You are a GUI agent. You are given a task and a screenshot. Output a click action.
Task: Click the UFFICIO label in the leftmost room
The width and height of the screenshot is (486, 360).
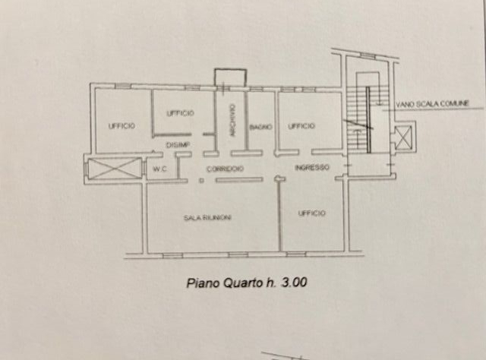tap(121, 126)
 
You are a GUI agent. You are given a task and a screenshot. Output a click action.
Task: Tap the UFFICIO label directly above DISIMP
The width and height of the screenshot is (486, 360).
tap(180, 113)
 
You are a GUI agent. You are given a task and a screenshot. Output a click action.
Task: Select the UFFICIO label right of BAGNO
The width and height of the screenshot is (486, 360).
tap(301, 126)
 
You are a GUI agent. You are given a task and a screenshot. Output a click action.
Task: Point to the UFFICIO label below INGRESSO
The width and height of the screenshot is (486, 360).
tap(312, 213)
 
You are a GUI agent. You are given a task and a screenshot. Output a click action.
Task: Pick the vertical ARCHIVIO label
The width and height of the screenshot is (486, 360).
tap(229, 120)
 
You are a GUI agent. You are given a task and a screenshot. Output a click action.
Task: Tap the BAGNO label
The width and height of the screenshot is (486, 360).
tap(262, 127)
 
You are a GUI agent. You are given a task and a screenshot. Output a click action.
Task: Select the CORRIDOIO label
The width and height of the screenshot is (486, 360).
tap(227, 168)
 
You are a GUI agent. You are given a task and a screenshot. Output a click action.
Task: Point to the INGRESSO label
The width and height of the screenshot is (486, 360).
tap(311, 167)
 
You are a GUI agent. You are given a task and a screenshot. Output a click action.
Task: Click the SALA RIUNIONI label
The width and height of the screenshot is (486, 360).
tap(207, 217)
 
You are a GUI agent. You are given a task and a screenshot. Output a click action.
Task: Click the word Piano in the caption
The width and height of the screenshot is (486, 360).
tap(200, 283)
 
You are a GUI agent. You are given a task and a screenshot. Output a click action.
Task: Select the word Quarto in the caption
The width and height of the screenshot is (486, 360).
tap(239, 283)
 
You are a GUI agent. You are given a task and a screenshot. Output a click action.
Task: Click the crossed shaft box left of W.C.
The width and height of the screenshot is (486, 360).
tap(115, 169)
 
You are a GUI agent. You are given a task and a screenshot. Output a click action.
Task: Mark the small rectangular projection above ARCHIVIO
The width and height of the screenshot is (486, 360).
tap(230, 77)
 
